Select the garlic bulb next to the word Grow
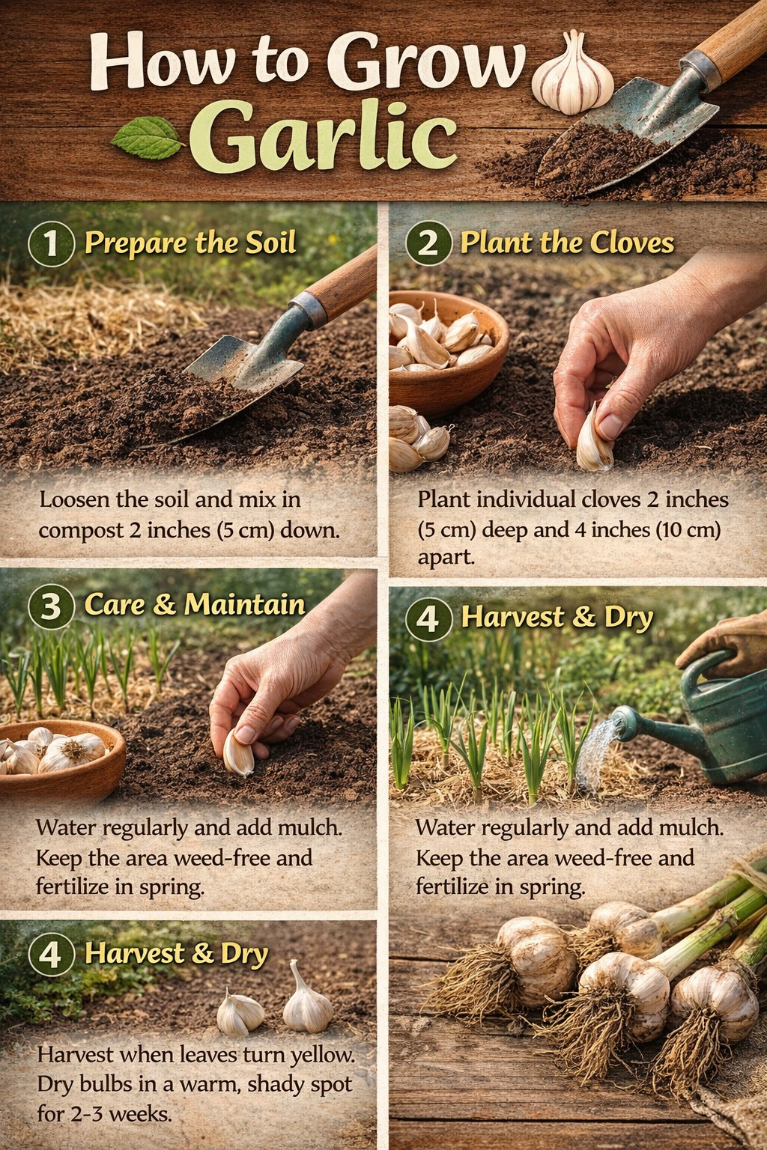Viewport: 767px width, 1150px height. [x=572, y=73]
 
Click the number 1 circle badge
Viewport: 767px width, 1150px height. [x=52, y=244]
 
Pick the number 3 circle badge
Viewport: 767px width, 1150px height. [x=52, y=606]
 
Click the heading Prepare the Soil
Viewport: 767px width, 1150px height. [x=190, y=243]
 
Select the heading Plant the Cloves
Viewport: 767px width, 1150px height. [x=567, y=243]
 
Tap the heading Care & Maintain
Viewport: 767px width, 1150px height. [x=195, y=604]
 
